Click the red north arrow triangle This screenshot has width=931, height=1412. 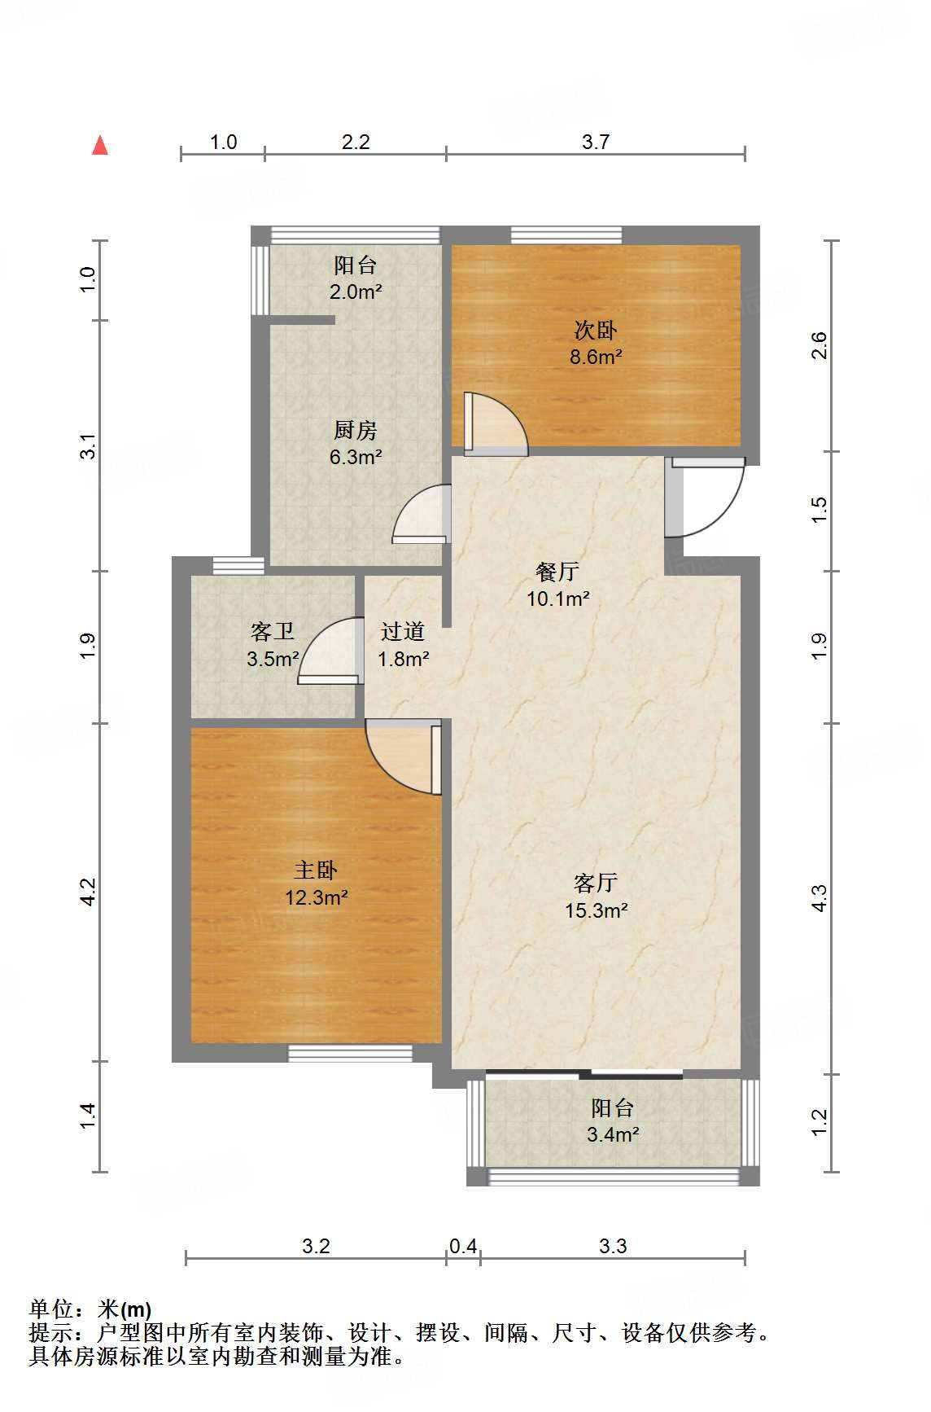[x=100, y=145]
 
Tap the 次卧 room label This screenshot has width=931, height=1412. [x=596, y=330]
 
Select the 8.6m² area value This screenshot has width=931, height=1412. [x=596, y=357]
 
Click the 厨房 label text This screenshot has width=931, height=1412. [x=356, y=430]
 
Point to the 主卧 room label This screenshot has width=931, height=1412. [x=316, y=870]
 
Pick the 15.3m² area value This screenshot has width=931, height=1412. [x=597, y=910]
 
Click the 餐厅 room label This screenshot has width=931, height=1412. [x=557, y=572]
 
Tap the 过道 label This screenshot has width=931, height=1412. [x=403, y=631]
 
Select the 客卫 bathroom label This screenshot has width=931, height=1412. [x=273, y=631]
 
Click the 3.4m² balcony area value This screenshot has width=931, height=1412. [x=613, y=1134]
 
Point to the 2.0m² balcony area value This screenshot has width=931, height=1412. [x=356, y=292]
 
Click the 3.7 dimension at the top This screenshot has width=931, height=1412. [x=596, y=142]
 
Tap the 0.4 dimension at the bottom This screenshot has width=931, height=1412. [x=463, y=1246]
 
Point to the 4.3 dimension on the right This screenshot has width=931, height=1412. [x=819, y=897]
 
